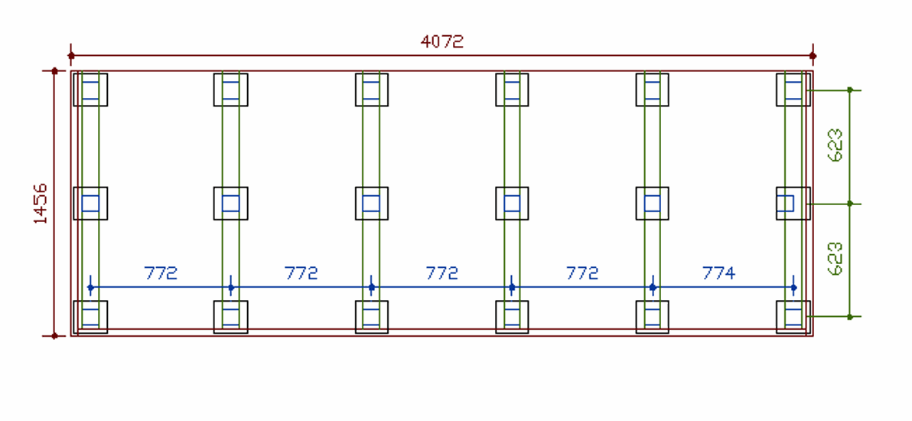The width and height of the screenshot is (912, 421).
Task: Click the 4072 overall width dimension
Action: click(441, 41)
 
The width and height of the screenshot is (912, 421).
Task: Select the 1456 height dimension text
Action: click(41, 203)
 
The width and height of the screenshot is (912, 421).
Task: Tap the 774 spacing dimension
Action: click(718, 273)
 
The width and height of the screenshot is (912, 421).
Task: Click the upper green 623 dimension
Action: click(835, 145)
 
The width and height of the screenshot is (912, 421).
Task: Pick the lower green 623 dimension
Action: click(835, 259)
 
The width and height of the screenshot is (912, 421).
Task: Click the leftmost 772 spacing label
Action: click(161, 273)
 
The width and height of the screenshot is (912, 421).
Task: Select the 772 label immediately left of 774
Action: click(582, 273)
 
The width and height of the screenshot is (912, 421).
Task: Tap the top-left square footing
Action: click(90, 90)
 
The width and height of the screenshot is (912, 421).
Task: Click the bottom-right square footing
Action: click(793, 317)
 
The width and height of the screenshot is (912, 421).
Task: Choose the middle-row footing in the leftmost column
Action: click(90, 203)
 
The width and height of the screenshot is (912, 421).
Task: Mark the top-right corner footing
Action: click(793, 90)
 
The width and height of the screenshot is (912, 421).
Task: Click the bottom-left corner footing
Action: click(90, 317)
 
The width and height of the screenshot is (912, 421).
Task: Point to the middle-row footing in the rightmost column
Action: click(793, 203)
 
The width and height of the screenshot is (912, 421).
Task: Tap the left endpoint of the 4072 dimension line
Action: click(71, 55)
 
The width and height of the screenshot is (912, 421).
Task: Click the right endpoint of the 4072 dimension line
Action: click(813, 55)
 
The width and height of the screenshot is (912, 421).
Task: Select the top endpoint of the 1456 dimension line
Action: click(54, 71)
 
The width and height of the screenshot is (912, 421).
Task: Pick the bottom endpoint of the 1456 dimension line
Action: click(54, 335)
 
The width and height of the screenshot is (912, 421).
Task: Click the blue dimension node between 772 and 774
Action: click(653, 287)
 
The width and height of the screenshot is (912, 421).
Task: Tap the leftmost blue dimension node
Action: click(90, 287)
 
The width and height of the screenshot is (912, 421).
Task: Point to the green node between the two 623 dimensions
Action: click(849, 204)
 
